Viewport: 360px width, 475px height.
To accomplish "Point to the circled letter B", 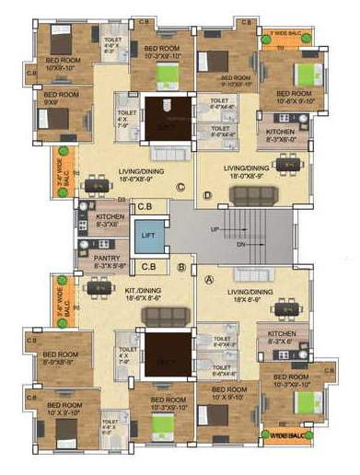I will pyautogui.click(x=182, y=269).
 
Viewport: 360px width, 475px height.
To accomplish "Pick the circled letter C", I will pyautogui.click(x=180, y=190).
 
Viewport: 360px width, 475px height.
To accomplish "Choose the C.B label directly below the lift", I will pyautogui.click(x=146, y=266).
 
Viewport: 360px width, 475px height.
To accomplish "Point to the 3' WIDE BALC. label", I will pyautogui.click(x=284, y=33).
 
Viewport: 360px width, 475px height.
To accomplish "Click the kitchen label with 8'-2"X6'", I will pyautogui.click(x=282, y=337).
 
